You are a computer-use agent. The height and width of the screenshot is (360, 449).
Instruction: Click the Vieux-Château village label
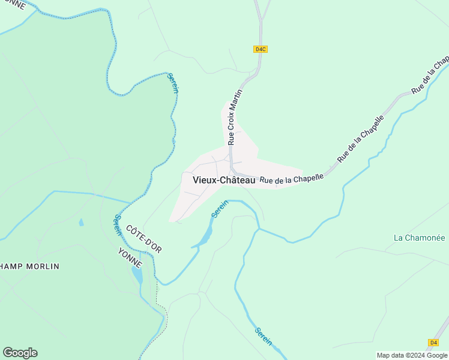(220, 179)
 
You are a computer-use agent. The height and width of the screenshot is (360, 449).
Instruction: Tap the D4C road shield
(260, 49)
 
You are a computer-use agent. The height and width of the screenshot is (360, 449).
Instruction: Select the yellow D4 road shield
(433, 342)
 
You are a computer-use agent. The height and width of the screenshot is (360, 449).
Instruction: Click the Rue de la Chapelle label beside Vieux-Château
(292, 178)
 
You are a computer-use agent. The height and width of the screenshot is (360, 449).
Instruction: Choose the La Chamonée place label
(418, 238)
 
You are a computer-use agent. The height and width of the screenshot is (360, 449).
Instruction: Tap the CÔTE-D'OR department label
(144, 238)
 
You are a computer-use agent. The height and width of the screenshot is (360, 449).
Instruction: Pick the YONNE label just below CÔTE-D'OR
(130, 257)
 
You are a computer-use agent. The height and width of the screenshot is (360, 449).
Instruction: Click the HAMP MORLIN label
(30, 266)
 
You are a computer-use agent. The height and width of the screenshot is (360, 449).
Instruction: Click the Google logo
(20, 353)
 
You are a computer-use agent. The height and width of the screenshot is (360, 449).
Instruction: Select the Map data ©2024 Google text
(412, 355)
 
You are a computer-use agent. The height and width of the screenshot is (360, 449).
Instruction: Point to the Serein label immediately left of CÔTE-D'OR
(114, 224)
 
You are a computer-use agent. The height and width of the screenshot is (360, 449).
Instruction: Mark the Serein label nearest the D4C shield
(173, 83)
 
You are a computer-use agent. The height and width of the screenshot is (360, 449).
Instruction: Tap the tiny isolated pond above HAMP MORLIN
(80, 223)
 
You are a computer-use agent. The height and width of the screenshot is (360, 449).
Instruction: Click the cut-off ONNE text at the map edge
(13, 5)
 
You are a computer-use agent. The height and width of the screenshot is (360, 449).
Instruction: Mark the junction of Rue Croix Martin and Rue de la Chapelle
(232, 169)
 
